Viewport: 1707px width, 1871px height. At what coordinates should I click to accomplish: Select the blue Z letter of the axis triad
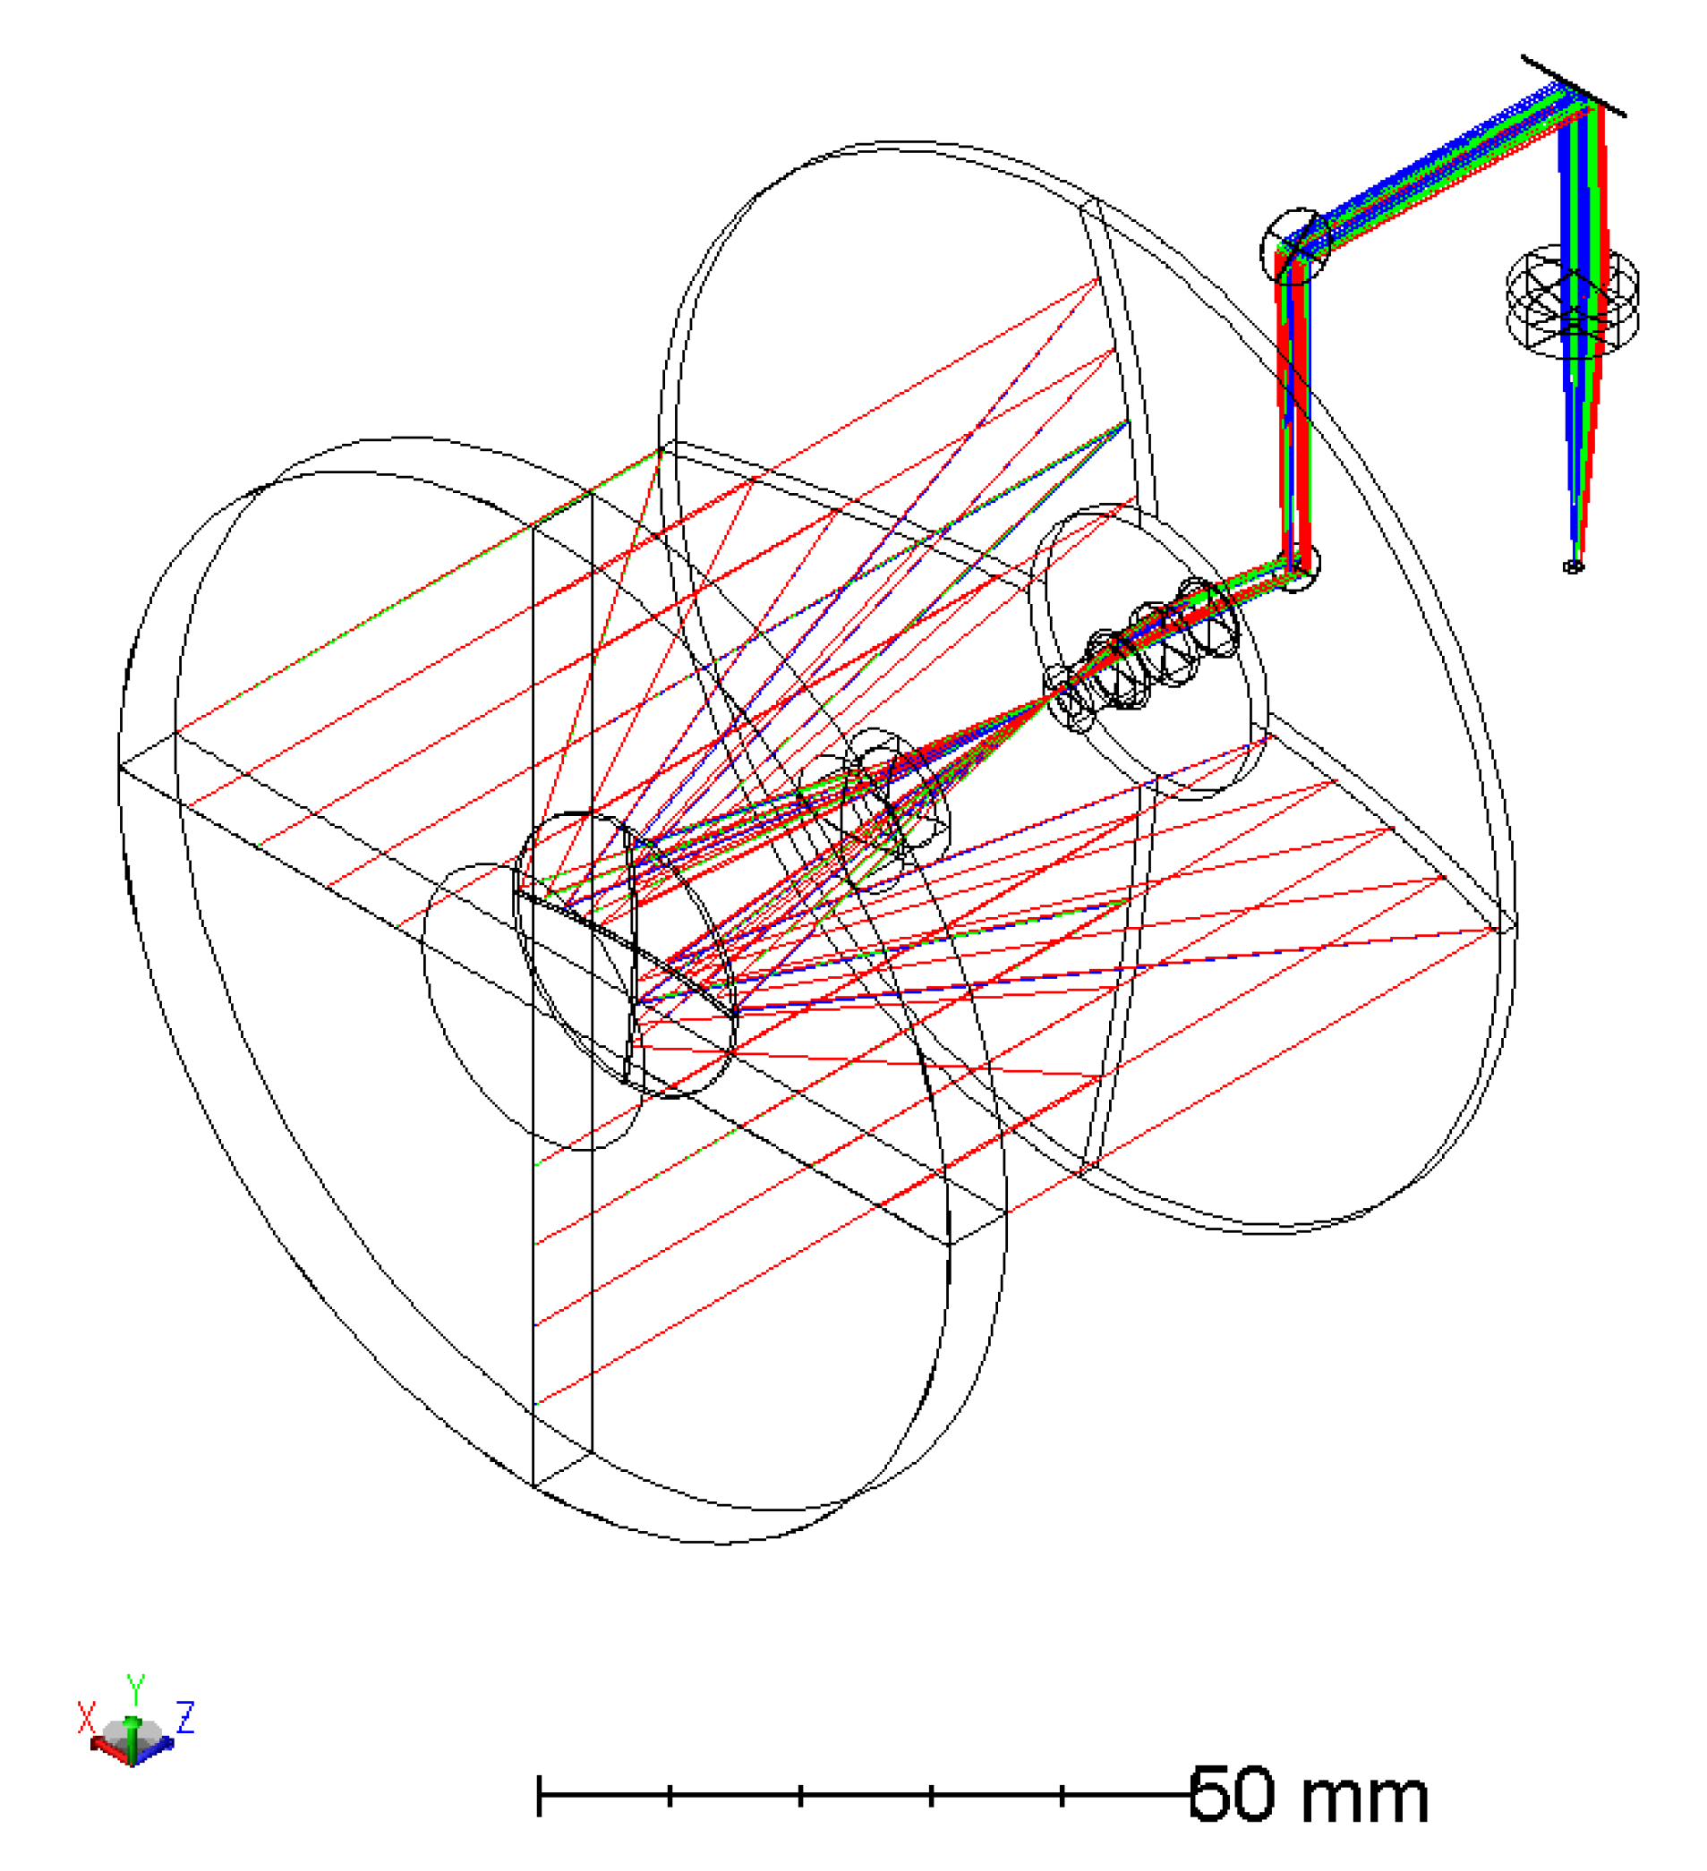tap(185, 1717)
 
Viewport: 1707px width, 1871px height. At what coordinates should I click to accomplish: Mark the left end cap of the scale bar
tap(539, 1795)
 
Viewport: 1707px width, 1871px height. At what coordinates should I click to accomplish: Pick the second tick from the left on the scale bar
tap(800, 1795)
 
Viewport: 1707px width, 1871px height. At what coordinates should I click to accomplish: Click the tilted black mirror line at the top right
tap(1574, 86)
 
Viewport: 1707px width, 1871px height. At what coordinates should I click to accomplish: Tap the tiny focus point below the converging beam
tap(1573, 566)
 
